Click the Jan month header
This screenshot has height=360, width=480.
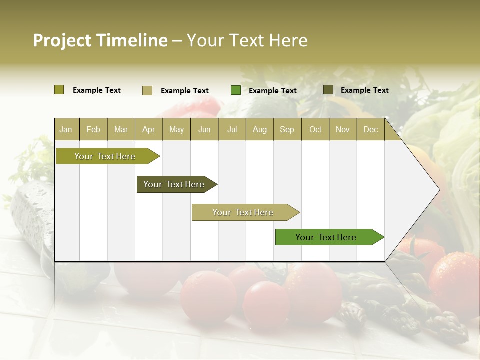(x=66, y=129)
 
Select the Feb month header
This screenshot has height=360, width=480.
(x=93, y=129)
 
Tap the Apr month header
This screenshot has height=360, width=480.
(x=149, y=129)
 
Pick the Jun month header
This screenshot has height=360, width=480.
(x=204, y=129)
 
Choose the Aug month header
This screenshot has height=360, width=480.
(x=260, y=129)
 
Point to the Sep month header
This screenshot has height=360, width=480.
(x=287, y=129)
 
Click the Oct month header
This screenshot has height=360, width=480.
(x=315, y=129)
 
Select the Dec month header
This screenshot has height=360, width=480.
(x=371, y=129)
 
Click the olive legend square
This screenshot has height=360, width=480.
(x=59, y=90)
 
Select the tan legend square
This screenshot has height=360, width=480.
(x=147, y=90)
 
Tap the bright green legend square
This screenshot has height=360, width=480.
(x=236, y=90)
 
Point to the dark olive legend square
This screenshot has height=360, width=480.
(x=328, y=90)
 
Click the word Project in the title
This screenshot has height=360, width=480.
(x=62, y=40)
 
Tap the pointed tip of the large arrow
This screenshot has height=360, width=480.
(x=438, y=189)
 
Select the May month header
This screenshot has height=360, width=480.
(x=176, y=129)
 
